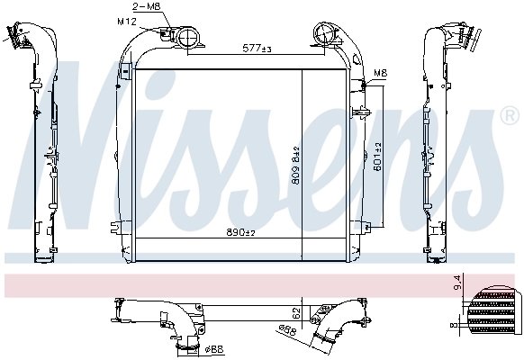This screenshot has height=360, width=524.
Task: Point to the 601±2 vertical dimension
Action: pyautogui.click(x=379, y=157)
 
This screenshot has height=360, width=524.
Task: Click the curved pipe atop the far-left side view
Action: pyautogui.click(x=20, y=31)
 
